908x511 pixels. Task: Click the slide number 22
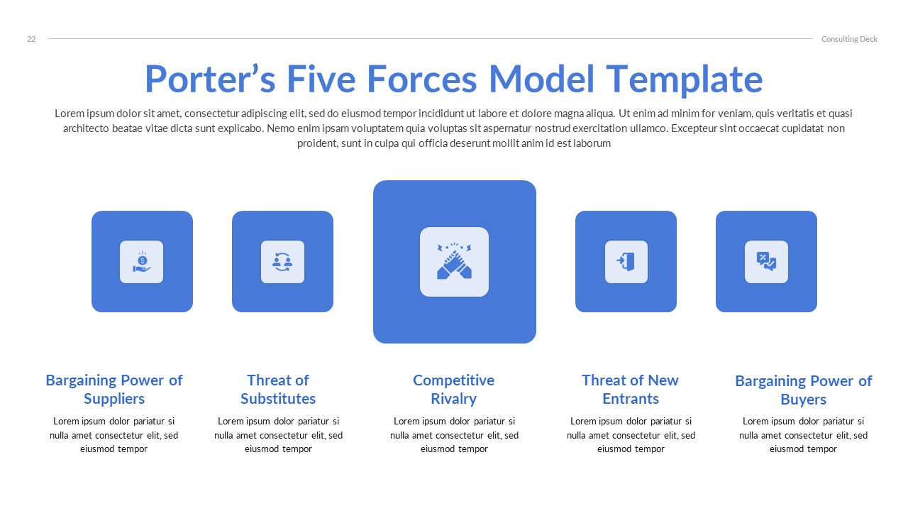(x=31, y=39)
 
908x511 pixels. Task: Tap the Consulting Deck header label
(x=849, y=39)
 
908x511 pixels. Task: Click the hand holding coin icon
(x=141, y=262)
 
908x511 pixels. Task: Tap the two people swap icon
(x=282, y=262)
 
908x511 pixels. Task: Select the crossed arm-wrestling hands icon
(x=454, y=262)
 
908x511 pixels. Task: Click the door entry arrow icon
(x=626, y=262)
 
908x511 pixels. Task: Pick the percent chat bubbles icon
(x=766, y=262)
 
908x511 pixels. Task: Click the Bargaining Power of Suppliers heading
(x=114, y=389)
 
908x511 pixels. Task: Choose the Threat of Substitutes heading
(x=278, y=389)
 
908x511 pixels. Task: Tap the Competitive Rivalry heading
(x=453, y=389)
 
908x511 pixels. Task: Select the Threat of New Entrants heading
(x=630, y=389)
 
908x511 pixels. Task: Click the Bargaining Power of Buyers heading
(x=803, y=390)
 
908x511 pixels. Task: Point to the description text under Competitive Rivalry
(x=454, y=435)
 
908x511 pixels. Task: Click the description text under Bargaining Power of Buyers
(x=803, y=435)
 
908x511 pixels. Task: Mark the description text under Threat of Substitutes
(x=278, y=435)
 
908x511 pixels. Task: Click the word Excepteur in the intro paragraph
(x=693, y=128)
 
